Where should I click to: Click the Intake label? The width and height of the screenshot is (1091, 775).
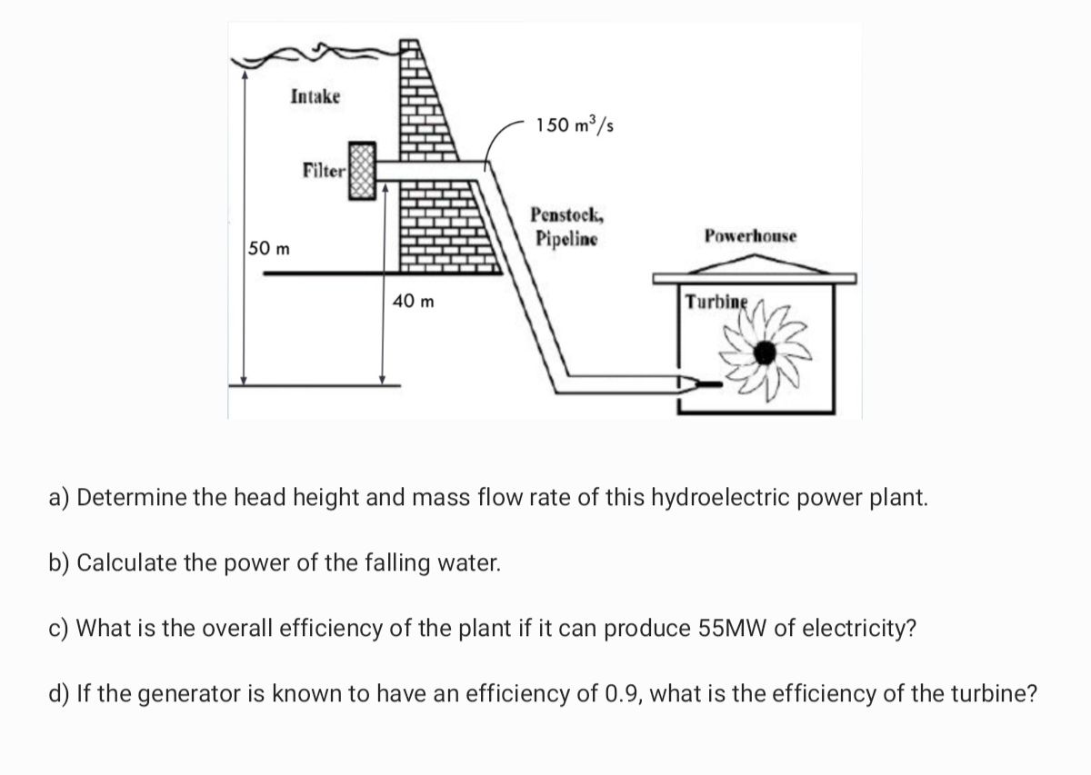click(315, 96)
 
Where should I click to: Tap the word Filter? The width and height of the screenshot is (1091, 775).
click(324, 170)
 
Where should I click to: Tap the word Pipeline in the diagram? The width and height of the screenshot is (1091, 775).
click(566, 240)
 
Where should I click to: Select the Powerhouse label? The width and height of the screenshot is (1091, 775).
click(750, 236)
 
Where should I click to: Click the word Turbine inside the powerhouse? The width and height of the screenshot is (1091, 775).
click(716, 301)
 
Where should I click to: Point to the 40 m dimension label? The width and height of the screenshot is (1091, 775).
click(414, 300)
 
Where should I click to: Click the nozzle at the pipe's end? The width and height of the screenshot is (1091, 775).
click(700, 384)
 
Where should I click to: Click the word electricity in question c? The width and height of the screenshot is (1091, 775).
click(853, 629)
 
